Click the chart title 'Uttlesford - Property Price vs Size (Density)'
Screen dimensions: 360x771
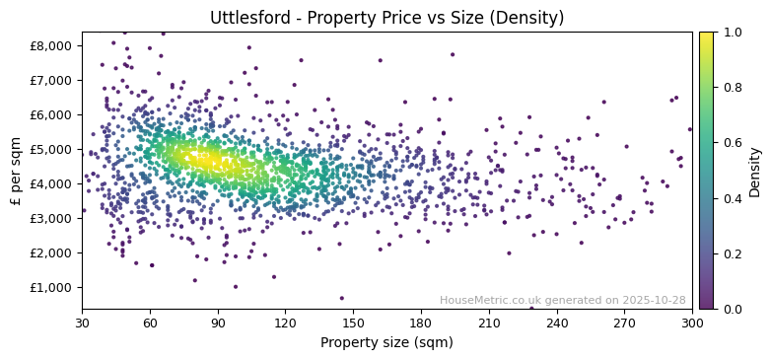[x=386, y=18]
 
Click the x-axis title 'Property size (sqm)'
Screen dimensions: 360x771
[x=386, y=343]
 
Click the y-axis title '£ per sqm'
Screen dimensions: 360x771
[x=16, y=170]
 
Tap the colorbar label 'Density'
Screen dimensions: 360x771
[x=754, y=170]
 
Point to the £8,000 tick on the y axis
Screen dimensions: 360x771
[x=51, y=45]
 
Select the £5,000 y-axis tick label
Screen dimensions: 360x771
[x=51, y=149]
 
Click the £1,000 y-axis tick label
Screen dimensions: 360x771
[x=51, y=287]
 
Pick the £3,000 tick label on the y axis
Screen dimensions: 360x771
[x=51, y=218]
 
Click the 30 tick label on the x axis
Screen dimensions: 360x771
[x=82, y=323]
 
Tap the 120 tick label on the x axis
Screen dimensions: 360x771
[x=285, y=323]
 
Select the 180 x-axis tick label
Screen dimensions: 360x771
[x=421, y=323]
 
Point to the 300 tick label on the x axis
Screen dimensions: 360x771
[x=692, y=323]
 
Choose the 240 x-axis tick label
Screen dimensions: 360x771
[x=556, y=323]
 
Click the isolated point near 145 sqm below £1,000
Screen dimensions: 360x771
[x=342, y=298]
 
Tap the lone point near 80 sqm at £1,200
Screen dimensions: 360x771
[x=194, y=280]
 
